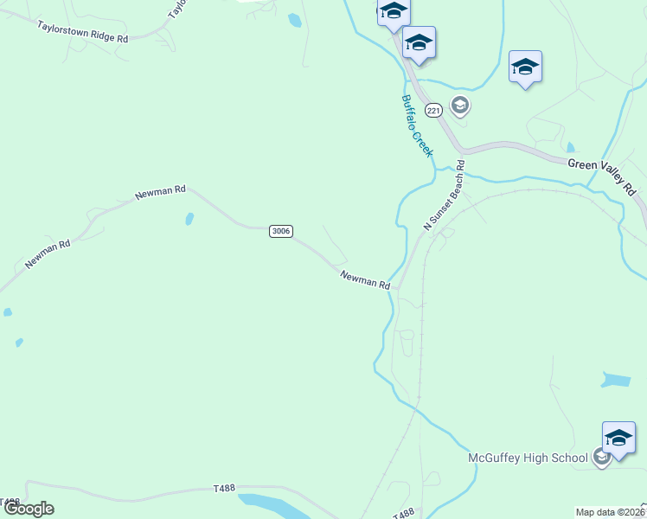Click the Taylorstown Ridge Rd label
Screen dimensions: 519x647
[x=82, y=33]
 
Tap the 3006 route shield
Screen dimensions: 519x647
[x=281, y=231]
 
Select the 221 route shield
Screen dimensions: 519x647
[x=434, y=110]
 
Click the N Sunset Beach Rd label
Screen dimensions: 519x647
[x=444, y=195]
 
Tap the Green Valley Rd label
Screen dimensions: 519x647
[x=602, y=174]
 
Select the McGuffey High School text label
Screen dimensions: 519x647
[x=528, y=458]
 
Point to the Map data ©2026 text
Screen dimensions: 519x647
[x=611, y=512]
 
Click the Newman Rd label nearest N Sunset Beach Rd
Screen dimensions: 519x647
[x=365, y=279]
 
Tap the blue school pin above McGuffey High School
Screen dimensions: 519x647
[x=618, y=438]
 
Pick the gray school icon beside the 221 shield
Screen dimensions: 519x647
[x=459, y=106]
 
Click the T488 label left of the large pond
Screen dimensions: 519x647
[x=224, y=490]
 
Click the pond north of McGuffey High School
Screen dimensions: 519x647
[x=615, y=380]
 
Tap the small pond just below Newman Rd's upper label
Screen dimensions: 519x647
[x=189, y=219]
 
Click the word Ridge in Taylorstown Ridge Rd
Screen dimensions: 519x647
[x=97, y=35]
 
